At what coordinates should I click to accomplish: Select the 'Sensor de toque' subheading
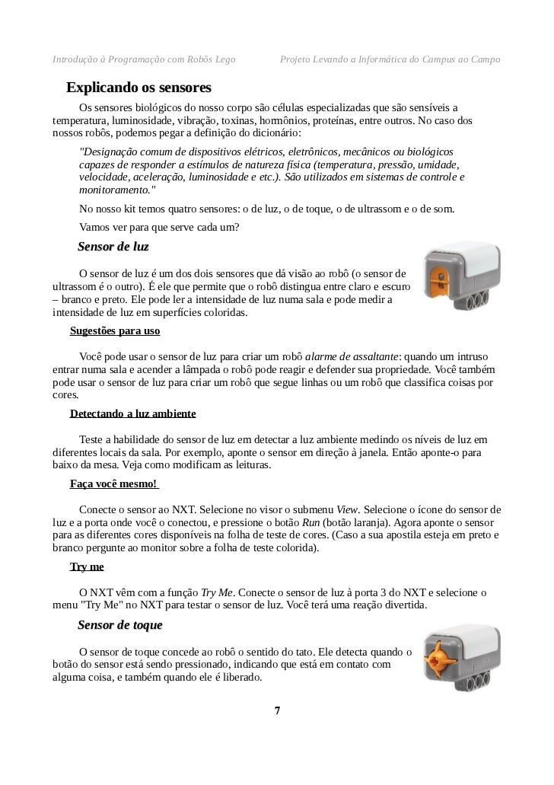[119, 625]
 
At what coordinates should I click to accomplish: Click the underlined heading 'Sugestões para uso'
[114, 331]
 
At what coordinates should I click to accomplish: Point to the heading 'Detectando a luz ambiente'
[132, 413]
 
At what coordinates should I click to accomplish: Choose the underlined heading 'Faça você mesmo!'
[113, 483]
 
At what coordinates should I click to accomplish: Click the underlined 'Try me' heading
[86, 566]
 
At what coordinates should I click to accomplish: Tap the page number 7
[277, 711]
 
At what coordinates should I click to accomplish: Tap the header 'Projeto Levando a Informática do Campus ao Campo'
[390, 59]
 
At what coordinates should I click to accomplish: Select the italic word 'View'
[347, 508]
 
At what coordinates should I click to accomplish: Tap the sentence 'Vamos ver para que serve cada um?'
[159, 226]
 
